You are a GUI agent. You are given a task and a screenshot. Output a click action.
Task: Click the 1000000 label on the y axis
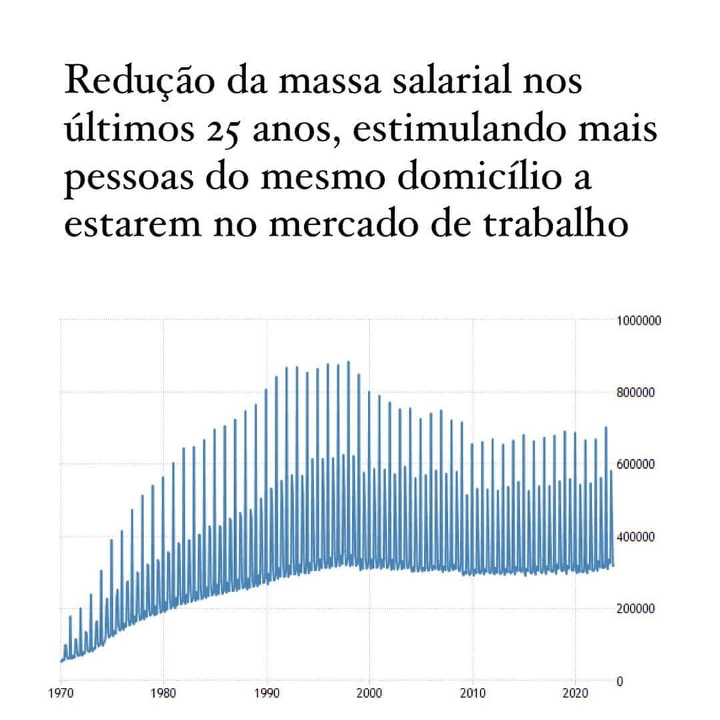(x=639, y=321)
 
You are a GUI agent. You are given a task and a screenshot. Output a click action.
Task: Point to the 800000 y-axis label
(x=636, y=393)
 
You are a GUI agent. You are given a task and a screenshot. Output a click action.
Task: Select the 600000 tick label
(x=636, y=465)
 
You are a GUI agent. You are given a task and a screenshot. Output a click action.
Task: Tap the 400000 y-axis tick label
(x=636, y=537)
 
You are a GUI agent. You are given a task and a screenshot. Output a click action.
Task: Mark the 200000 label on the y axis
(x=636, y=609)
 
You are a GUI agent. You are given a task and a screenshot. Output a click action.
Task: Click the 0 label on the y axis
(x=620, y=681)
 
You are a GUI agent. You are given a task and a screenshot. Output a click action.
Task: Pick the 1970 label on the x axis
(x=61, y=692)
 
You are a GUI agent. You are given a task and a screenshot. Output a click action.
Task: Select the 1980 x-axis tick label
(x=163, y=692)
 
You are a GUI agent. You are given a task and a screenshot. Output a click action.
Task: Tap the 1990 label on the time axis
(x=267, y=692)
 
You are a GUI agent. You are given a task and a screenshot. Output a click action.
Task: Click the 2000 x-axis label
(x=369, y=692)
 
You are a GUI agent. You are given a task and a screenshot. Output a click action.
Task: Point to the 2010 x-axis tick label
(x=473, y=692)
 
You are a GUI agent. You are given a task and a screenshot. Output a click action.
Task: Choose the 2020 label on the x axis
(x=575, y=692)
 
